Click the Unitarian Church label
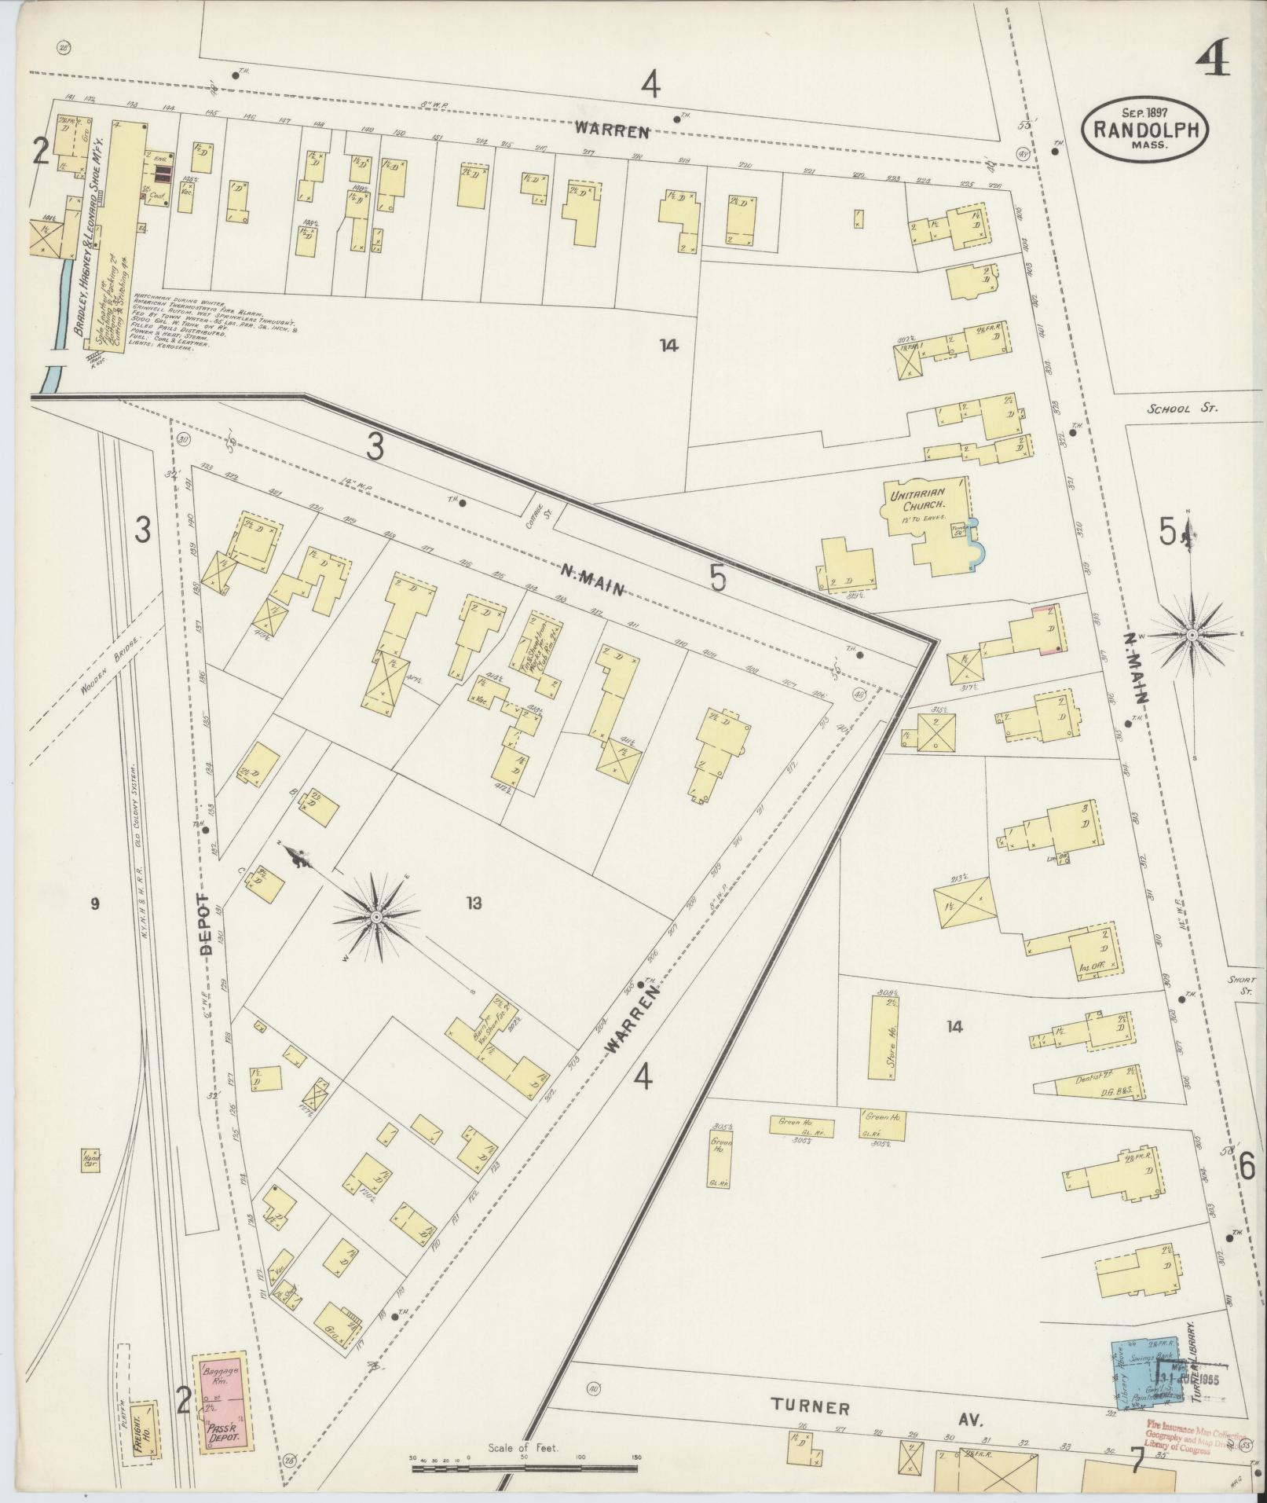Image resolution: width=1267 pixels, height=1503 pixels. click(x=916, y=500)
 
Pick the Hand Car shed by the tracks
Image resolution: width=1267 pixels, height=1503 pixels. click(x=89, y=1159)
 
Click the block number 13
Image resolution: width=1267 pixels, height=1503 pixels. click(x=473, y=903)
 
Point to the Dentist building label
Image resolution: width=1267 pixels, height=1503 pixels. click(x=1092, y=1080)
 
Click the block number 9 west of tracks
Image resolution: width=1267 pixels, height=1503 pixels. click(x=95, y=904)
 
